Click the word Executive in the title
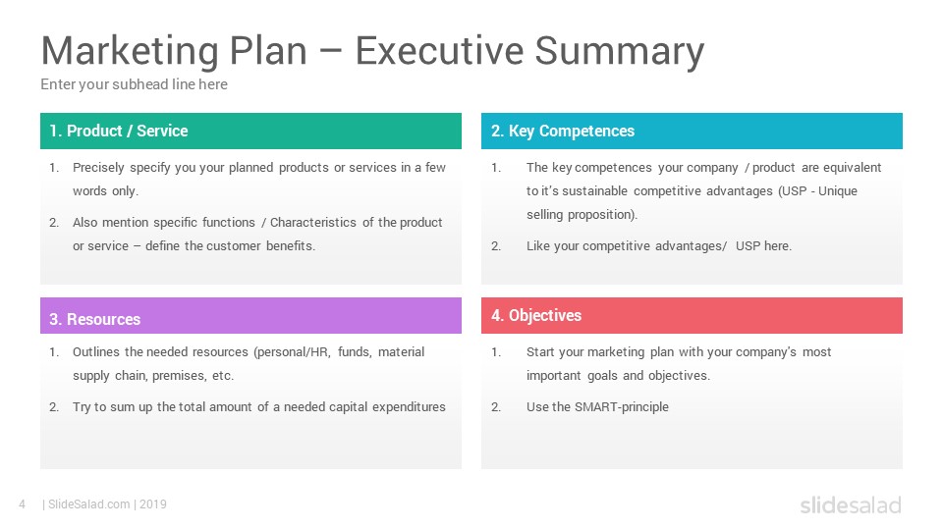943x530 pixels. tap(439, 50)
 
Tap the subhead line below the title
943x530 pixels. tap(135, 84)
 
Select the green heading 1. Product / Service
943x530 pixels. tap(119, 131)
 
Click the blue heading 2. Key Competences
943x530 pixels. tap(562, 131)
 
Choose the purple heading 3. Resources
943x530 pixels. tap(95, 319)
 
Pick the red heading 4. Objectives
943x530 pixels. tap(536, 315)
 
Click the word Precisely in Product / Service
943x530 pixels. tap(98, 168)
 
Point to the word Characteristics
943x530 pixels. tap(312, 223)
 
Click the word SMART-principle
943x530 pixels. tap(621, 406)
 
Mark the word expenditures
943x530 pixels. tap(409, 406)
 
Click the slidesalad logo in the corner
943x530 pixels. tap(851, 504)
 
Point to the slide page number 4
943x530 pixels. tap(23, 504)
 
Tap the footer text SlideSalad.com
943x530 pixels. tap(89, 504)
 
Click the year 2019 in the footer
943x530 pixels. tap(153, 504)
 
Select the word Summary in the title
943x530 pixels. tap(620, 52)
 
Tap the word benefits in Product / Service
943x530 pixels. tap(291, 245)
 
